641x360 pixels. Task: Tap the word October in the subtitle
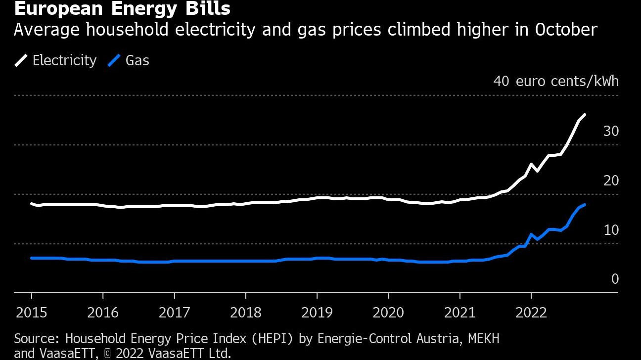click(566, 30)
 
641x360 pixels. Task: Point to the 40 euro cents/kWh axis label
click(556, 81)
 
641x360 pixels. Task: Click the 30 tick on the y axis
click(611, 131)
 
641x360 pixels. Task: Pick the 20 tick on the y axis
click(611, 180)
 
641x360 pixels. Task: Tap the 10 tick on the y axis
click(611, 230)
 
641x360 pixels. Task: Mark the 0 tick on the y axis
click(615, 279)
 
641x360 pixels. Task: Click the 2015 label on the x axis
click(32, 313)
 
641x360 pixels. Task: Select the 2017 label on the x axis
click(174, 313)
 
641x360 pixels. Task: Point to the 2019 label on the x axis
click(317, 313)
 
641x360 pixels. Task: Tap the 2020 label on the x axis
click(388, 313)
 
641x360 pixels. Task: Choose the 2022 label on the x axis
click(531, 313)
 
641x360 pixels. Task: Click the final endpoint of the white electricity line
click(585, 115)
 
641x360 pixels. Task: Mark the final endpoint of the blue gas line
click(585, 204)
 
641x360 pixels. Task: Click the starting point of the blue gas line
click(32, 258)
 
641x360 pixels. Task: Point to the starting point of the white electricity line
click(32, 203)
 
